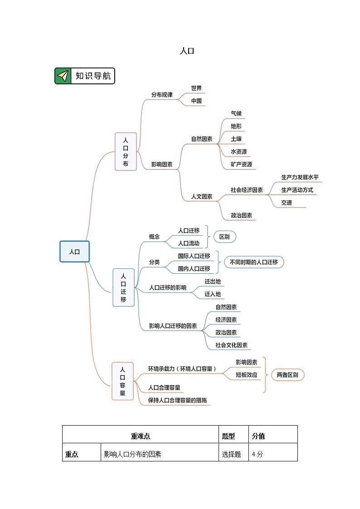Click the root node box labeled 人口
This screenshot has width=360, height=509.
[74, 252]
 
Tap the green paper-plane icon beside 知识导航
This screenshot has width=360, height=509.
[63, 76]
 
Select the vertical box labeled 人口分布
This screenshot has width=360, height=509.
[126, 152]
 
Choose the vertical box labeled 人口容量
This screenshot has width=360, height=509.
[122, 381]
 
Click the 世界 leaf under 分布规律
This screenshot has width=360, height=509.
[196, 88]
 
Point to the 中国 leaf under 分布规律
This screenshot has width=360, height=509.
[196, 101]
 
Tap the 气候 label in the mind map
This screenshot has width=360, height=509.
[236, 114]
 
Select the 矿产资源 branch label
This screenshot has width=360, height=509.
[241, 165]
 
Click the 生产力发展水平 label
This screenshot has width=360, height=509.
[297, 177]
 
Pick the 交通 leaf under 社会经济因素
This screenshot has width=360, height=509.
[286, 203]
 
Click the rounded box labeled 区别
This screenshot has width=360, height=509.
[224, 237]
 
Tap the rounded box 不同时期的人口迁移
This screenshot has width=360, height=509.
[254, 262]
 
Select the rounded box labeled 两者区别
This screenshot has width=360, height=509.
[287, 375]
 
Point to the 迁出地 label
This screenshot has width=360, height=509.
[212, 281]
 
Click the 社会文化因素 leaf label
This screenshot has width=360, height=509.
[231, 345]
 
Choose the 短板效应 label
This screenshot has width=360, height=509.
[246, 375]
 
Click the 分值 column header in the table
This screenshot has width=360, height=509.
[258, 436]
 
